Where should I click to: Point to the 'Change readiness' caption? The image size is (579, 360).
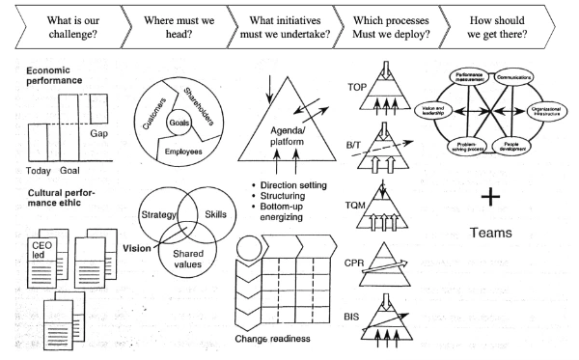pos(276,338)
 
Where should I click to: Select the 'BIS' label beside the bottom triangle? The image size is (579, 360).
pos(358,315)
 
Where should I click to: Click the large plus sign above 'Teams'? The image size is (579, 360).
pos(490,197)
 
